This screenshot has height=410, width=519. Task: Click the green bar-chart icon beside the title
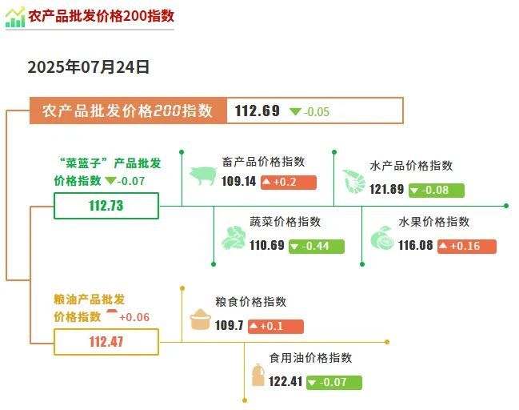[15, 17]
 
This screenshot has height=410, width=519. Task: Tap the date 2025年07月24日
[89, 67]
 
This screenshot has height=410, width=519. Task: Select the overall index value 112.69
[258, 111]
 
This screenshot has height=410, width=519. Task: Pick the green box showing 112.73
[106, 206]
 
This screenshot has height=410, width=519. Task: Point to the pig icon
[203, 175]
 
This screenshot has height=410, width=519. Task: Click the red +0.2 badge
[289, 183]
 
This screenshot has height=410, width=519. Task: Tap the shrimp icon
[353, 181]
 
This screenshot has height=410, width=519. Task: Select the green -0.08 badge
[437, 191]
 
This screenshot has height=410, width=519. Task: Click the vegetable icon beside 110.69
[234, 237]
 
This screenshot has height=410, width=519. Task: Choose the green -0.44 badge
[317, 247]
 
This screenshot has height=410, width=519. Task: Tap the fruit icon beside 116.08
[382, 237]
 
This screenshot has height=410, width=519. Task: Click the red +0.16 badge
[467, 247]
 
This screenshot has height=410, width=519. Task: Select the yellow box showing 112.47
[106, 342]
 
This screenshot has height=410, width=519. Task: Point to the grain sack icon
[200, 320]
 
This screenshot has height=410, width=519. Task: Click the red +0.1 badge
[276, 326]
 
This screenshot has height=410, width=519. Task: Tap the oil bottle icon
[258, 375]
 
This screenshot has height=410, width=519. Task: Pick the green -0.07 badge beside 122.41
[334, 383]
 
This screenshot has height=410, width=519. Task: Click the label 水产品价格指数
[411, 166]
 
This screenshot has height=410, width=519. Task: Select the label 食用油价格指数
[310, 358]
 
